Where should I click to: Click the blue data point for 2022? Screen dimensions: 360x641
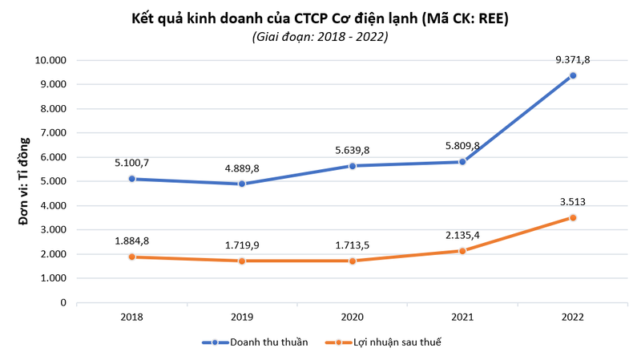tap(573, 75)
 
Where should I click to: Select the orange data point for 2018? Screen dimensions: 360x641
tap(132, 257)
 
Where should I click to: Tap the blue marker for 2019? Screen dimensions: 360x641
tap(242, 184)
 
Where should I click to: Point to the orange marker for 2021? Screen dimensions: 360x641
tap(462, 251)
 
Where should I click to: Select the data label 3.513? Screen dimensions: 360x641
tap(573, 201)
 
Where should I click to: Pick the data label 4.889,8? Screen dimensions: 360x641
tap(242, 168)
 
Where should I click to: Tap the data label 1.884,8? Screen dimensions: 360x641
tap(132, 240)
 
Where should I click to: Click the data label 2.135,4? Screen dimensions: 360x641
tap(462, 234)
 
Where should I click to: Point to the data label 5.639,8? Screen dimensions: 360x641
tap(353, 149)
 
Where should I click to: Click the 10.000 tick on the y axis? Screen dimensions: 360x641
tap(50, 60)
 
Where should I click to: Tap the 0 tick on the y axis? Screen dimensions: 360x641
tap(62, 303)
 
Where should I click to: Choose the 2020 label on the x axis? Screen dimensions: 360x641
tap(353, 318)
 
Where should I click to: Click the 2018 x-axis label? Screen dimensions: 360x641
tap(132, 318)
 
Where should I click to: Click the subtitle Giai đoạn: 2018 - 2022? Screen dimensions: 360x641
tap(320, 37)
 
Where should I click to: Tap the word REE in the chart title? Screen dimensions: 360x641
tap(495, 18)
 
